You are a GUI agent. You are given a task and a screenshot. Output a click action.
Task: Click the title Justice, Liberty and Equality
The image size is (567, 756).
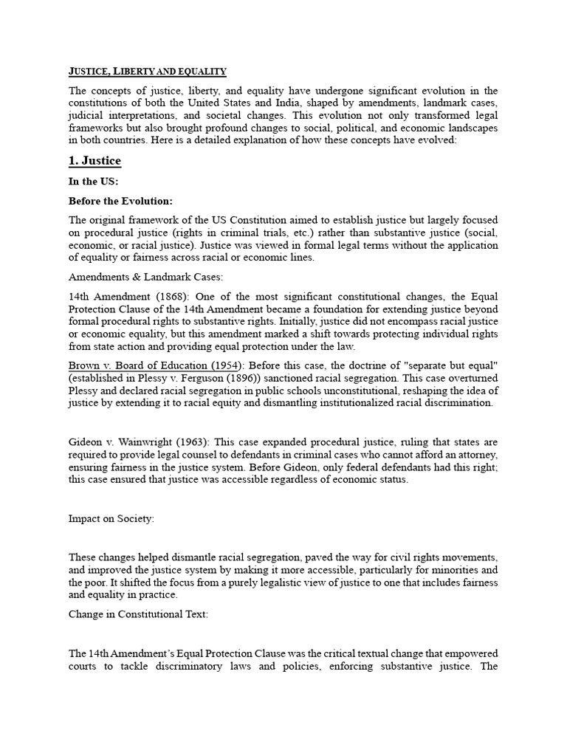[147, 71]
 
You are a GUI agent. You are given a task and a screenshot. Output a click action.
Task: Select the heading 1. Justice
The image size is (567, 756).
[94, 161]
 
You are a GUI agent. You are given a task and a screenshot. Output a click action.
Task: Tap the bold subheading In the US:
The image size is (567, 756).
[93, 182]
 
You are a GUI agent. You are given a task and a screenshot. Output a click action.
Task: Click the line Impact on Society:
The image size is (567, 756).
[111, 519]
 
